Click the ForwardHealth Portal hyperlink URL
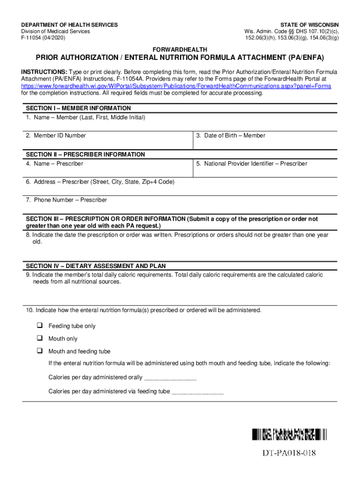click(176, 87)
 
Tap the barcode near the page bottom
click(289, 435)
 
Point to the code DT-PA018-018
click(289, 453)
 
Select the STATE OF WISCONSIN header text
click(310, 25)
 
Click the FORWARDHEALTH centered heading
click(180, 50)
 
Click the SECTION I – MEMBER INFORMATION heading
click(79, 108)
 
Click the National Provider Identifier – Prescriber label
click(252, 164)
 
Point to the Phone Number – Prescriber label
click(66, 200)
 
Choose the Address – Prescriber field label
click(100, 181)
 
